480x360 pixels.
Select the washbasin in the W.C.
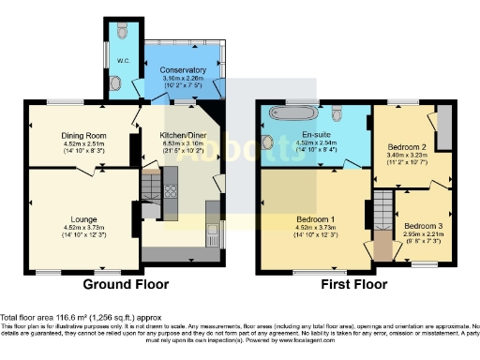pos(114,83)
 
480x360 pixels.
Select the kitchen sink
pos(213,231)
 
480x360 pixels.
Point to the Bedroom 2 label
pos(407,147)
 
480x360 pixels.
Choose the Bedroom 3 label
pos(423,226)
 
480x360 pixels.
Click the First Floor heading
pos(353,284)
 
